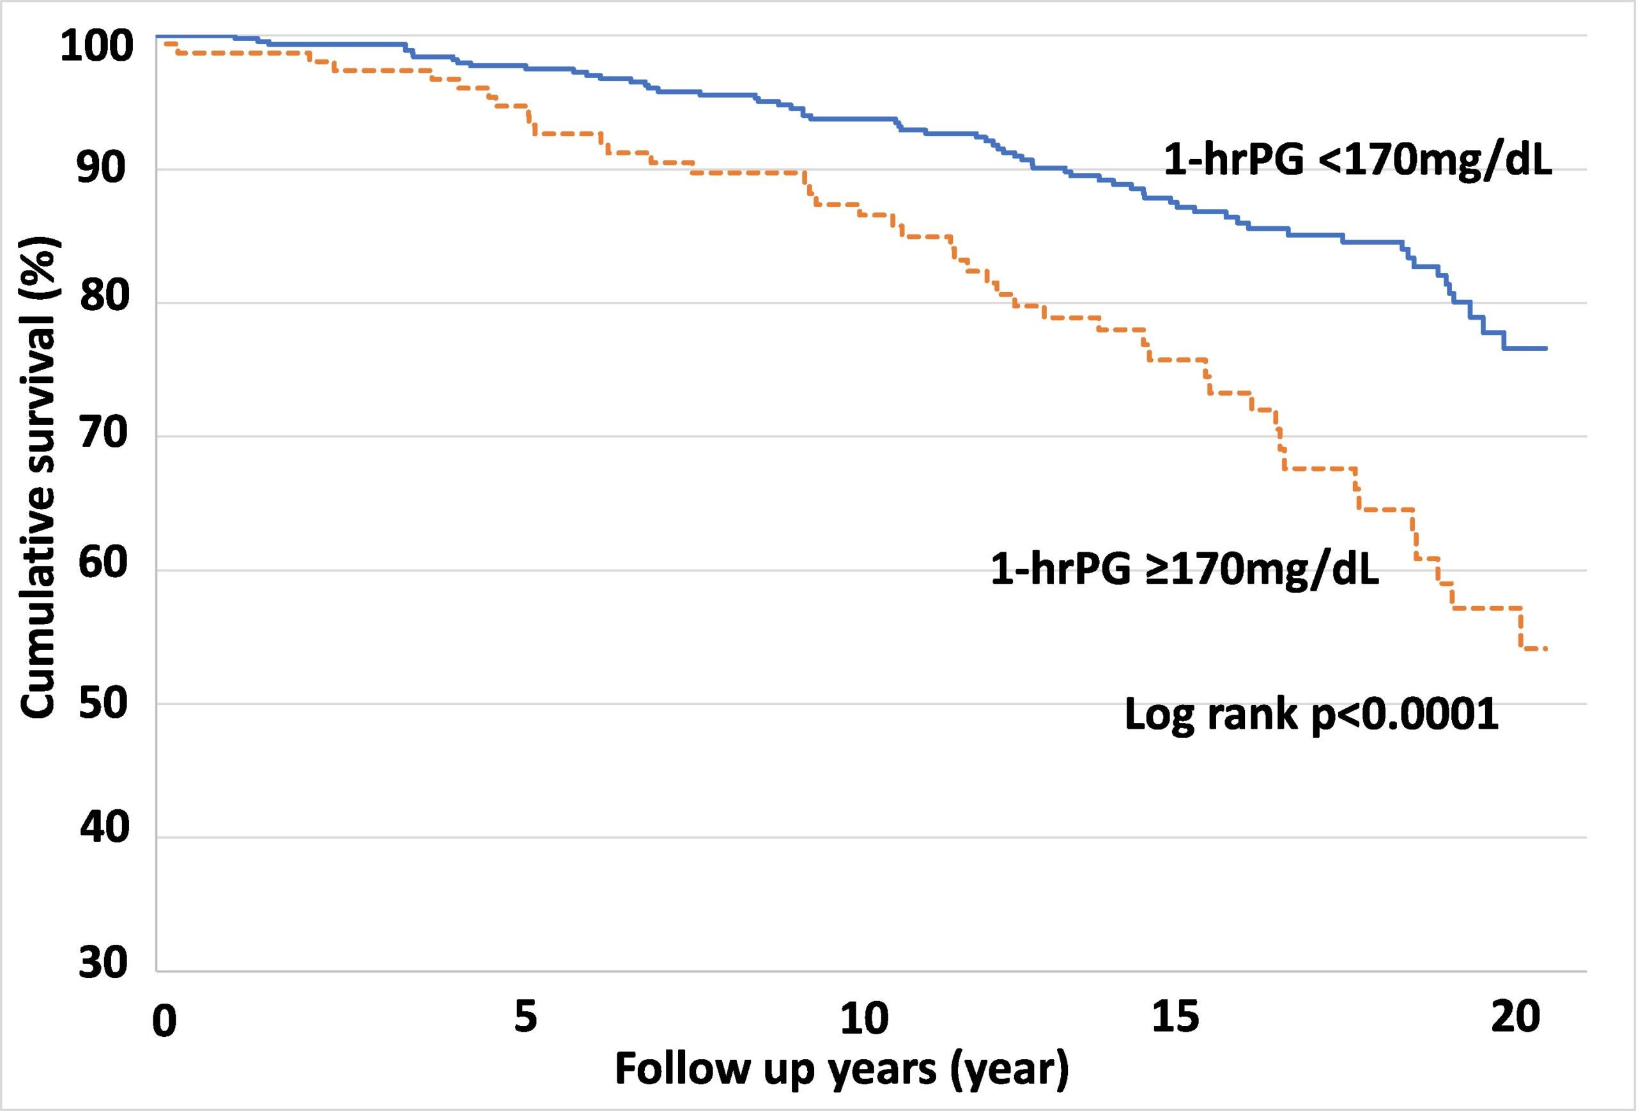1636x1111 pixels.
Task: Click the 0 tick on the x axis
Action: pyautogui.click(x=164, y=1022)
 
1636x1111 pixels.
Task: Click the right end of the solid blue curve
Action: pyautogui.click(x=1546, y=348)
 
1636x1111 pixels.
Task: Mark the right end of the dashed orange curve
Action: pyautogui.click(x=1545, y=648)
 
